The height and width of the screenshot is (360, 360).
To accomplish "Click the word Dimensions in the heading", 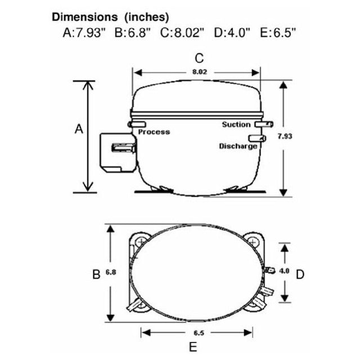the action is [x=85, y=17].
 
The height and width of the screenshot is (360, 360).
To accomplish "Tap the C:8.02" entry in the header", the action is [x=182, y=33].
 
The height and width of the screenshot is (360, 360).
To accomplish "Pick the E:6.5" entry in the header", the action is [x=278, y=33].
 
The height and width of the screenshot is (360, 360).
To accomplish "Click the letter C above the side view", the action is [x=199, y=58].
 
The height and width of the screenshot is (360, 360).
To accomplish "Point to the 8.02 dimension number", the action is [x=200, y=72].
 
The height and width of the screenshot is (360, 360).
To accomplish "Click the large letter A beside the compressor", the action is [x=79, y=129].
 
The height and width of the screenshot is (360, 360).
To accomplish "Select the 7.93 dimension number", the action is [x=285, y=136].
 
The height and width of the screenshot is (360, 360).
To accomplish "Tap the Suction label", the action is [x=236, y=125].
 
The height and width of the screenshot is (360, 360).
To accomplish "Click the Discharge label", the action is [x=238, y=146].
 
